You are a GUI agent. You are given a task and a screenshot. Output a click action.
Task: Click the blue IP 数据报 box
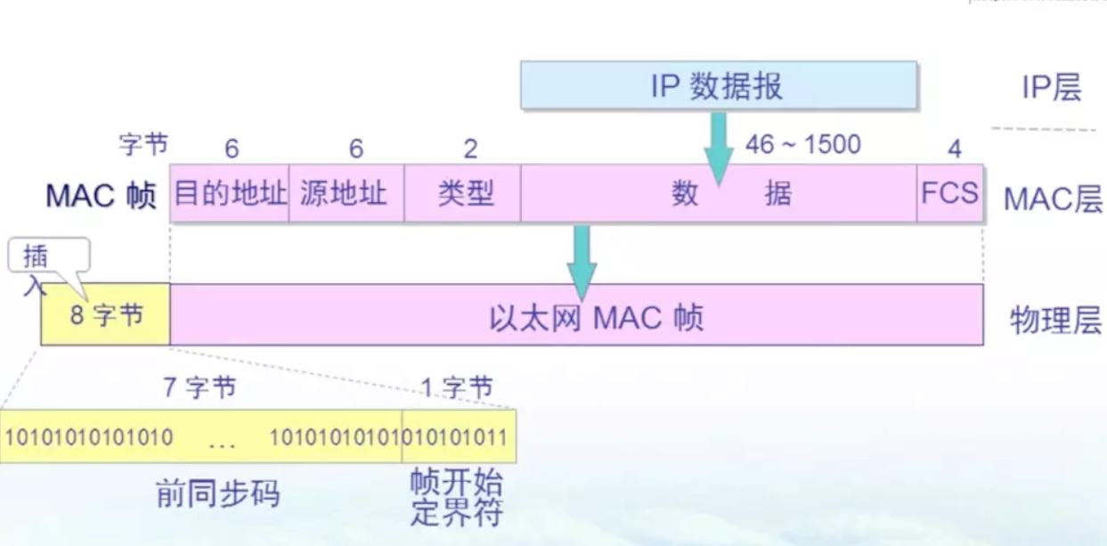tap(718, 86)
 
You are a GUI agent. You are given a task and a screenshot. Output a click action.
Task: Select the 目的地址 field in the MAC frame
tap(230, 193)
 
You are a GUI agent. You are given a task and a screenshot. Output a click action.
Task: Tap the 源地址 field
tap(346, 193)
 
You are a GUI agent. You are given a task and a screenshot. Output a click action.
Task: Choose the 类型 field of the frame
tap(463, 193)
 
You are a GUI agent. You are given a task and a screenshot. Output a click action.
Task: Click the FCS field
tap(949, 193)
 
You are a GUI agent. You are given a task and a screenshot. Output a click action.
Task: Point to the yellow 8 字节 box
tap(106, 315)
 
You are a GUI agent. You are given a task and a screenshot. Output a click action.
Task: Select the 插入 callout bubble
tap(48, 258)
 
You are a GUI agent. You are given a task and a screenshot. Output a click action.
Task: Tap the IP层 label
tap(1051, 87)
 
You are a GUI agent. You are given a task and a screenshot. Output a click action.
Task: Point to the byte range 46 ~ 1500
tap(802, 144)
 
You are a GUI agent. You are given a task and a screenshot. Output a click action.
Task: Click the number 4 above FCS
tap(954, 149)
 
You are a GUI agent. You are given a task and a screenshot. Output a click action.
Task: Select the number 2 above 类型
tap(470, 148)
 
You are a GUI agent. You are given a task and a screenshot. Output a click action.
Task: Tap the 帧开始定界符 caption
tap(456, 499)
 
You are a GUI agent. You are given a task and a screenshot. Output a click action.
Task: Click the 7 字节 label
tap(199, 387)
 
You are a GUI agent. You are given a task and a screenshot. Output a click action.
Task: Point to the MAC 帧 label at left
tap(101, 196)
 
